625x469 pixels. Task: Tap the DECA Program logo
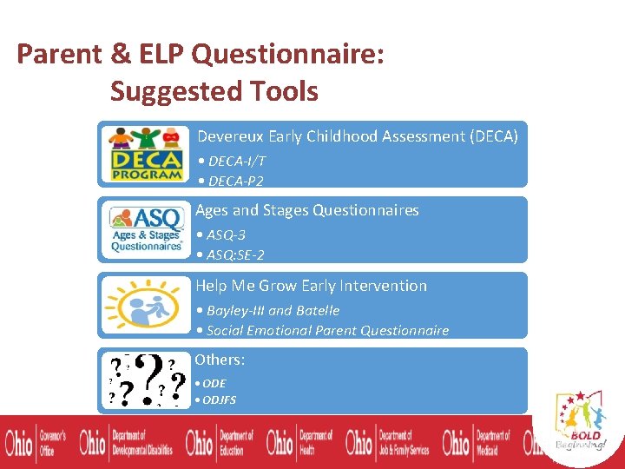145,154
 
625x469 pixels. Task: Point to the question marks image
145,380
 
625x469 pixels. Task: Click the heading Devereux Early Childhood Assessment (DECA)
357,136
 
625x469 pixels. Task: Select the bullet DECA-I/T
232,161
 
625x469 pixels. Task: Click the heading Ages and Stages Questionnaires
307,210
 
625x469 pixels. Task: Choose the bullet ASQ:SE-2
230,254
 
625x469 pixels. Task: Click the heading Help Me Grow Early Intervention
311,286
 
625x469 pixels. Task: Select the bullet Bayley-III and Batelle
267,310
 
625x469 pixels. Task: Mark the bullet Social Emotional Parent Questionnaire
322,330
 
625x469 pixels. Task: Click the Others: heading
220,360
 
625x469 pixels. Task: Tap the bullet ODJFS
216,400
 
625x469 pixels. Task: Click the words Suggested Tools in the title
214,91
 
